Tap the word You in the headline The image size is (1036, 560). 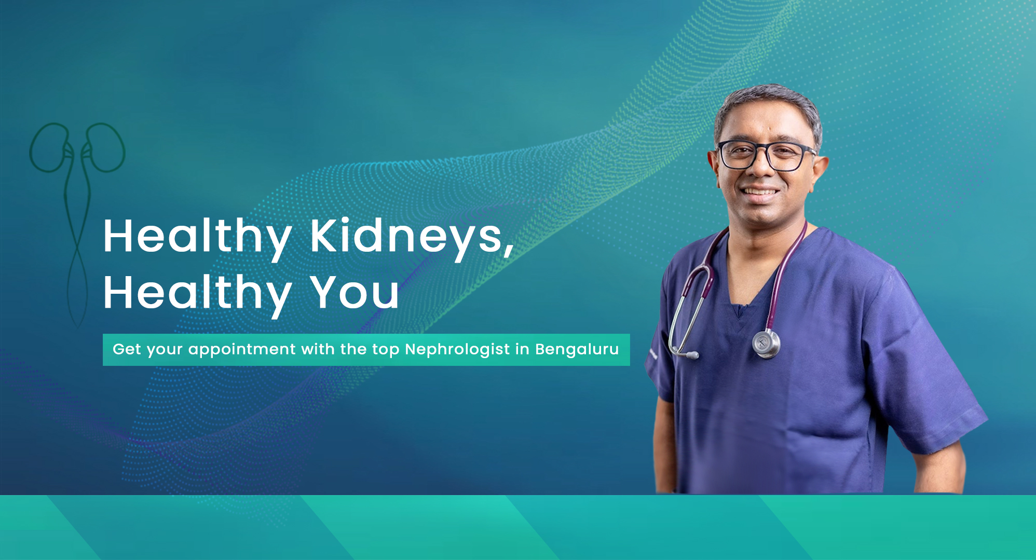click(355, 292)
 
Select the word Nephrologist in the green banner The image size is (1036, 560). click(457, 350)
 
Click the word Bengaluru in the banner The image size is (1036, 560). click(577, 350)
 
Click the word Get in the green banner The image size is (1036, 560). click(127, 349)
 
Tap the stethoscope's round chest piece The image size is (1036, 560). click(766, 344)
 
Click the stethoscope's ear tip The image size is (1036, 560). click(692, 356)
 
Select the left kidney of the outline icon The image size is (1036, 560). click(49, 147)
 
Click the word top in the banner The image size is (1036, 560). click(385, 350)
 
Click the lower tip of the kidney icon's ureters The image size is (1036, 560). click(78, 326)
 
